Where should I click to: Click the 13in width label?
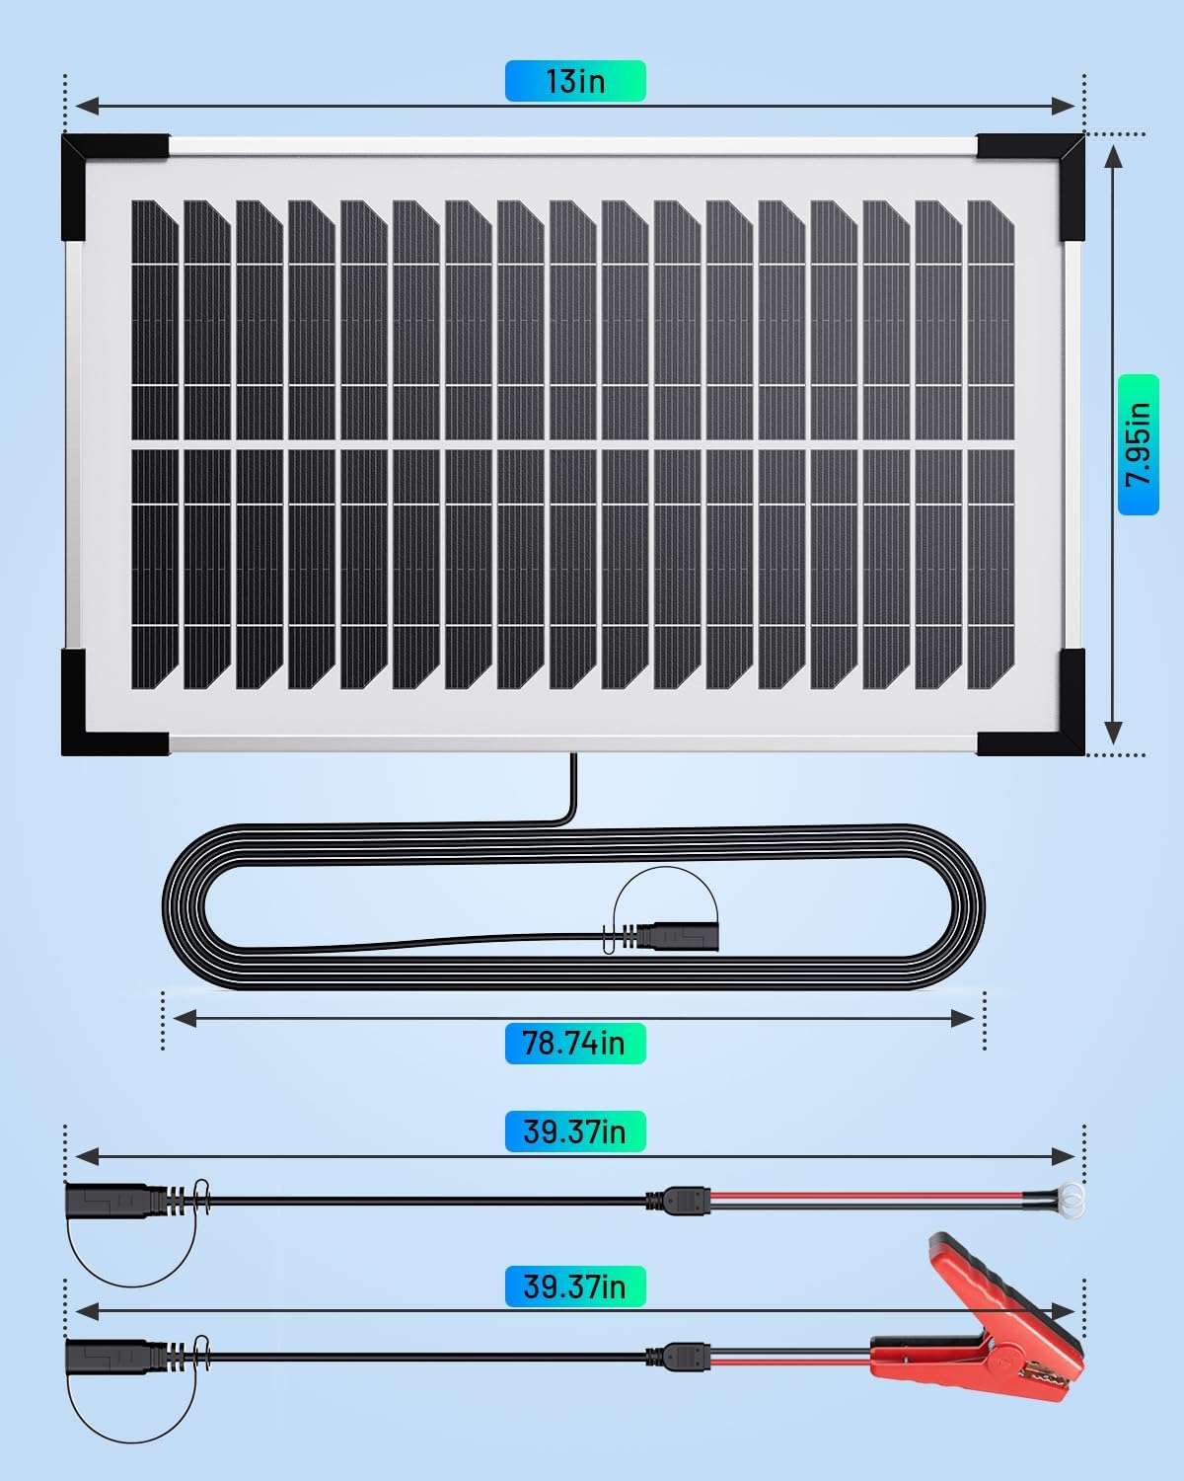(x=575, y=81)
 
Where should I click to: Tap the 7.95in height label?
(x=1138, y=444)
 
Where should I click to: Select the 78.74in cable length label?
(x=575, y=1043)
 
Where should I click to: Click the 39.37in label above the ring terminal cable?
(x=575, y=1131)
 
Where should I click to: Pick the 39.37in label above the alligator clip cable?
(x=575, y=1286)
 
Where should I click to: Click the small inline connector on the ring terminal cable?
(x=678, y=1201)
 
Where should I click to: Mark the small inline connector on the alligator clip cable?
(x=678, y=1357)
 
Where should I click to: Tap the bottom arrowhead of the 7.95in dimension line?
(x=1113, y=733)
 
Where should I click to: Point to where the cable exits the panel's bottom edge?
(x=572, y=758)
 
